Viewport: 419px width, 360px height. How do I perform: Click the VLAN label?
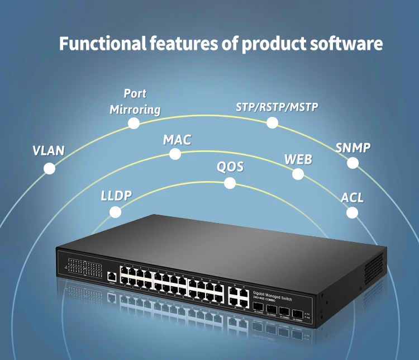[x=48, y=150]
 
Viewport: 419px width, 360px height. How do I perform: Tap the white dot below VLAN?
[x=50, y=168]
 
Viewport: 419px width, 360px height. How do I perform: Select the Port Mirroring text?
[x=135, y=101]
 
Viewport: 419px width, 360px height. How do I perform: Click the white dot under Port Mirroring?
[x=134, y=123]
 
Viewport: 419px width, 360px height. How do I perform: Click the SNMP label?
[x=353, y=148]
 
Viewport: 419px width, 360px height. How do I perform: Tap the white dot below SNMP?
[x=353, y=163]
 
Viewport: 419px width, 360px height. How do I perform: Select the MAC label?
[x=177, y=140]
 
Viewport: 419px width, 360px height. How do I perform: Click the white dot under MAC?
[x=175, y=154]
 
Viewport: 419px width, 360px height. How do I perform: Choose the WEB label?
[x=298, y=159]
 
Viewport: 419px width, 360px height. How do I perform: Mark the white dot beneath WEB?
[x=298, y=174]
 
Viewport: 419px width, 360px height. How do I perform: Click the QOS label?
[x=230, y=167]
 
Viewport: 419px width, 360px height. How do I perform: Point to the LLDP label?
[x=116, y=196]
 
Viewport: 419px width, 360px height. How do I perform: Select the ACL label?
[x=352, y=197]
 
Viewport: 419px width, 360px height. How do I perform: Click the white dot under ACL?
[x=351, y=212]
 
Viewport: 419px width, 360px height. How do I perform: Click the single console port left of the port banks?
[x=112, y=276]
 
